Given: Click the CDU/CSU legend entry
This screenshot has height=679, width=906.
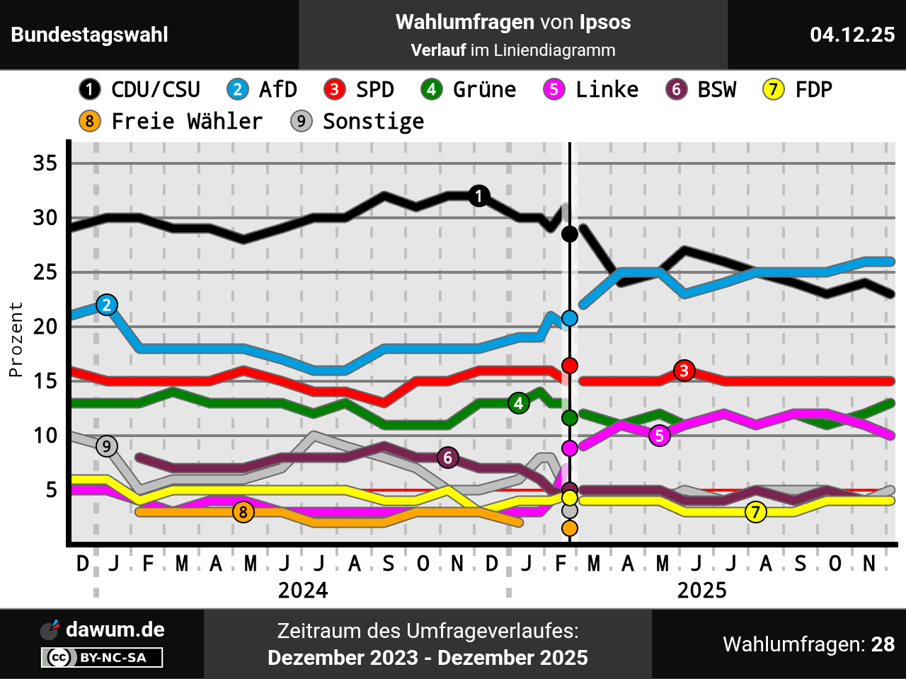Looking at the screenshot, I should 140,90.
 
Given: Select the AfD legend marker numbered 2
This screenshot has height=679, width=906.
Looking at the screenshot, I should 238,90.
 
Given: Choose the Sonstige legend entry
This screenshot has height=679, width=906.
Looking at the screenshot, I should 358,122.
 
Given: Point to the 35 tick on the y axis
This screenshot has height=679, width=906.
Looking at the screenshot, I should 45,163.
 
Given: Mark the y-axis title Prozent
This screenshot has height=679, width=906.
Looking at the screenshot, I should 16,339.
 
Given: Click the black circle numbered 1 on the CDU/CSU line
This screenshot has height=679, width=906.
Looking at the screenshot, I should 479,196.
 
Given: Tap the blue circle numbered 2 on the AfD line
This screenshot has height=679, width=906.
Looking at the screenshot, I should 107,305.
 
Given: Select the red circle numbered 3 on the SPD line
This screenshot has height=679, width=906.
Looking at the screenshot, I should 684,370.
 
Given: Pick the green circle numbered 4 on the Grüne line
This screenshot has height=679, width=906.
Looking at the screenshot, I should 519,403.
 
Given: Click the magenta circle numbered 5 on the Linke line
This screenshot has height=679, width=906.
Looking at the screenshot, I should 660,436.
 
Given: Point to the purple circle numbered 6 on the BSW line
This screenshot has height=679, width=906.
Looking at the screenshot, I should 447,458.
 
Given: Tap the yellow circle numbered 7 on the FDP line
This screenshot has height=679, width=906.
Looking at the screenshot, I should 756,512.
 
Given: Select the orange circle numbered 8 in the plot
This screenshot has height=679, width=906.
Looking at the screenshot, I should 243,512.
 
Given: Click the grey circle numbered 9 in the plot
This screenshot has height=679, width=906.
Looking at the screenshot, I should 107,446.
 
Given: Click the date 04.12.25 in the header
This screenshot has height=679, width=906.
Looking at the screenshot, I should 852,35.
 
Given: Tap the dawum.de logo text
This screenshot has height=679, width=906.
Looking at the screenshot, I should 115,629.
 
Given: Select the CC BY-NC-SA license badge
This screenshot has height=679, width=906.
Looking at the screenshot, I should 102,658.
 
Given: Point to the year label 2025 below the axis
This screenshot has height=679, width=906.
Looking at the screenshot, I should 701,591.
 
